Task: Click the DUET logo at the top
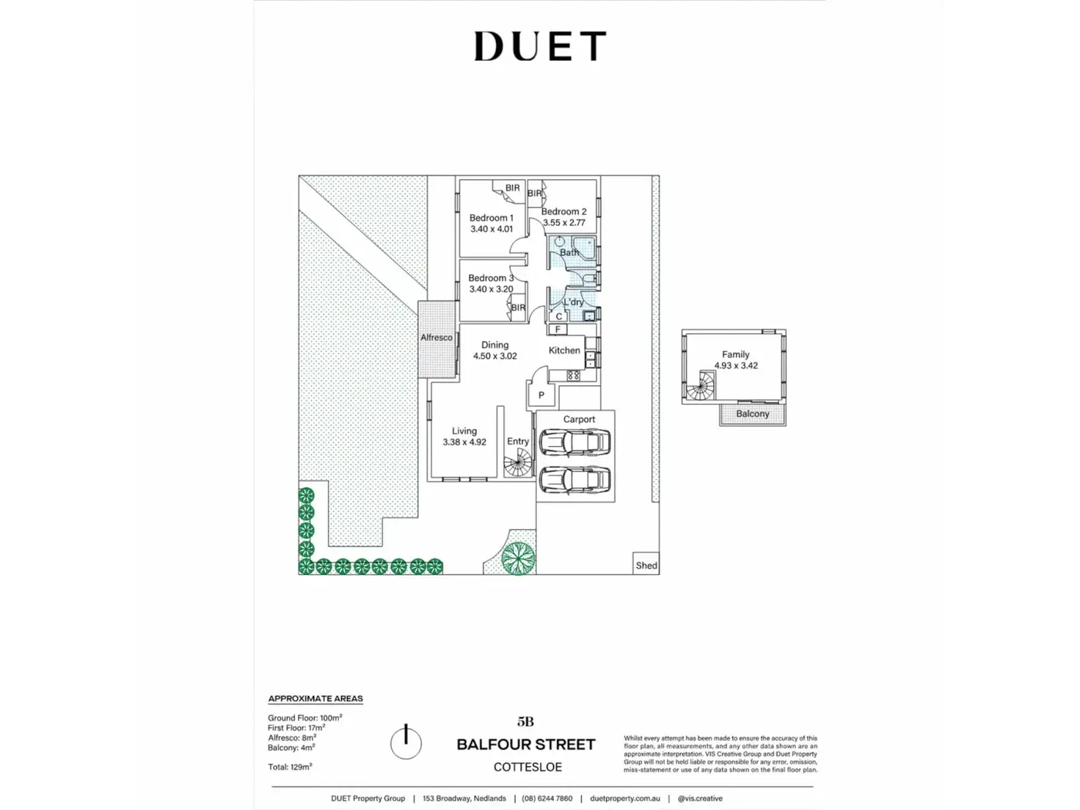click(540, 46)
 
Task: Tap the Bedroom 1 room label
click(491, 218)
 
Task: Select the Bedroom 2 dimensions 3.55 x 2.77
click(564, 223)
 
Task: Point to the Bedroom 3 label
click(491, 278)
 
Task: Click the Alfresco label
click(436, 337)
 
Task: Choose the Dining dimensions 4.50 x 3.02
click(495, 356)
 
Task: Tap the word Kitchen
click(564, 350)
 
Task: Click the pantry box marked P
click(541, 395)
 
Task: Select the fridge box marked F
click(558, 329)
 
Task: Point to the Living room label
click(464, 431)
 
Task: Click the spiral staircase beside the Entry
click(518, 463)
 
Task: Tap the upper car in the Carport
click(574, 442)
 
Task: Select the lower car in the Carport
click(574, 480)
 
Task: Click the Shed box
click(646, 563)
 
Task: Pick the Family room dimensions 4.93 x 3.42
click(736, 365)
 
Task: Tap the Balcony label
click(752, 414)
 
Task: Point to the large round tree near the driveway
click(518, 558)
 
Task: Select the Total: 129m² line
click(290, 766)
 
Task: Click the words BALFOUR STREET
click(526, 744)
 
